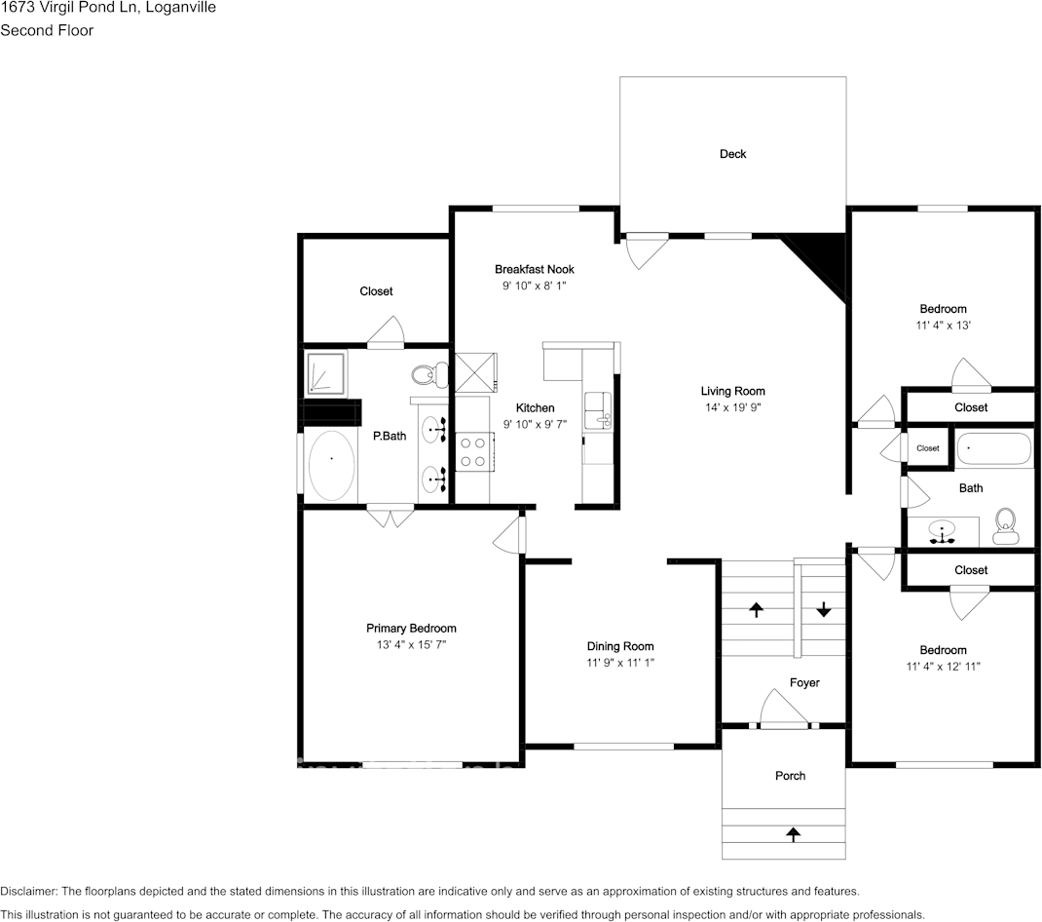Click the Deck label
tap(732, 154)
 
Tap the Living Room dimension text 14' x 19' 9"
tap(732, 408)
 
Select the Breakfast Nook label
tap(534, 269)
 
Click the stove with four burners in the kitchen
tap(473, 452)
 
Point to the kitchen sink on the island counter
tap(598, 410)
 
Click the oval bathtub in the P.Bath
tap(332, 465)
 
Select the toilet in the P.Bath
tap(427, 374)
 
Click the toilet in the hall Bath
tap(1005, 527)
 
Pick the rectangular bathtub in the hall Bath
tap(993, 449)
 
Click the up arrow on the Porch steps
tap(793, 834)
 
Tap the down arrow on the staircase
tap(824, 609)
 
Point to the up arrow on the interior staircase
tap(756, 610)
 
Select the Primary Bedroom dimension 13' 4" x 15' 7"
tap(411, 645)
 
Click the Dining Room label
tap(619, 646)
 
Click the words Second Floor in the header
tap(47, 30)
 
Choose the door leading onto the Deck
tap(645, 248)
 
